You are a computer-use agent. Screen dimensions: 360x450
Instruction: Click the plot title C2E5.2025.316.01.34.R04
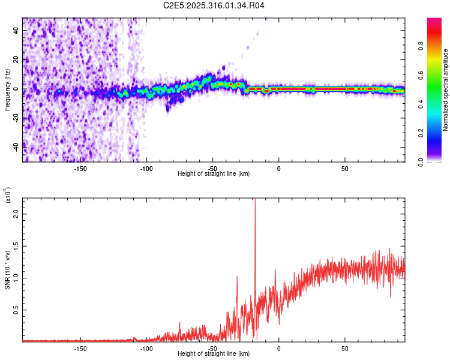coord(214,5)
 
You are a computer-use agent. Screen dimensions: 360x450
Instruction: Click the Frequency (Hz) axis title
coord(7,89)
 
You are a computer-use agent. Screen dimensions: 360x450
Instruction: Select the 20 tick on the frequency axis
coord(16,60)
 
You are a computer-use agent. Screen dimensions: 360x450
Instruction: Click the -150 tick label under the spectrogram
coord(80,168)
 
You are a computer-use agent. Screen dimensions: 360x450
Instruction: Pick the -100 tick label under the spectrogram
coord(146,168)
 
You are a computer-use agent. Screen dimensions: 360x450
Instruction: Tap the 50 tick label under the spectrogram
coord(344,168)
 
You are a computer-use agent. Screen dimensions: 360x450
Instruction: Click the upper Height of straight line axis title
coord(214,174)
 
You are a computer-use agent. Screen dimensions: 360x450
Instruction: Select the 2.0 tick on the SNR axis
coord(16,214)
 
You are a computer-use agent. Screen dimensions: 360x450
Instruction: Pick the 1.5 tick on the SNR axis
coord(16,246)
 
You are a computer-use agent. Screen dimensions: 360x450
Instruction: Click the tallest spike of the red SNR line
coord(255,201)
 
